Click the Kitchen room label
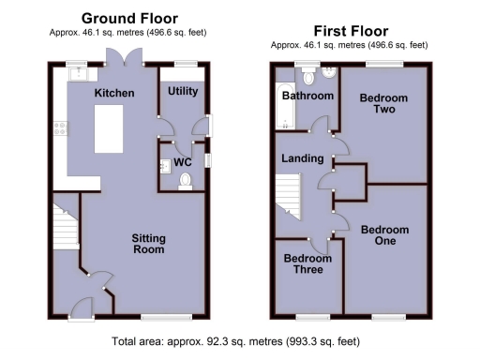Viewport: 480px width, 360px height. pyautogui.click(x=114, y=93)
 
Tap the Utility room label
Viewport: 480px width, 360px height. pyautogui.click(x=183, y=91)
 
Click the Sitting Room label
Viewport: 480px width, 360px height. pyautogui.click(x=148, y=244)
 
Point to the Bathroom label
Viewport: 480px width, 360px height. pyautogui.click(x=309, y=96)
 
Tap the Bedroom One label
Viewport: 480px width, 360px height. pyautogui.click(x=385, y=235)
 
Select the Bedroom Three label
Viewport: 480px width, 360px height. pyautogui.click(x=309, y=263)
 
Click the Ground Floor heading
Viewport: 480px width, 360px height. pyautogui.click(x=129, y=18)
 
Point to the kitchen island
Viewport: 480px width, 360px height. pyautogui.click(x=112, y=132)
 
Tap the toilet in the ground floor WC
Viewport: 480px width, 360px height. pyautogui.click(x=185, y=178)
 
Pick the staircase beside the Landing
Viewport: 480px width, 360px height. pyautogui.click(x=287, y=200)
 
